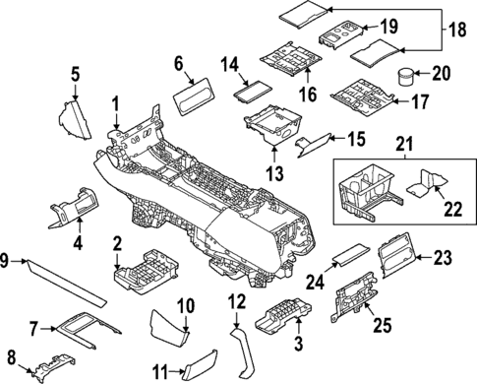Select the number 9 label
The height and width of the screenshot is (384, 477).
(6, 260)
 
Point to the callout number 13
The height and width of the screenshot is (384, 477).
(273, 173)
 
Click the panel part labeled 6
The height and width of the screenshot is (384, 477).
(194, 98)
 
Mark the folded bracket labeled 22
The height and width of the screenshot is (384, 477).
(427, 180)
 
